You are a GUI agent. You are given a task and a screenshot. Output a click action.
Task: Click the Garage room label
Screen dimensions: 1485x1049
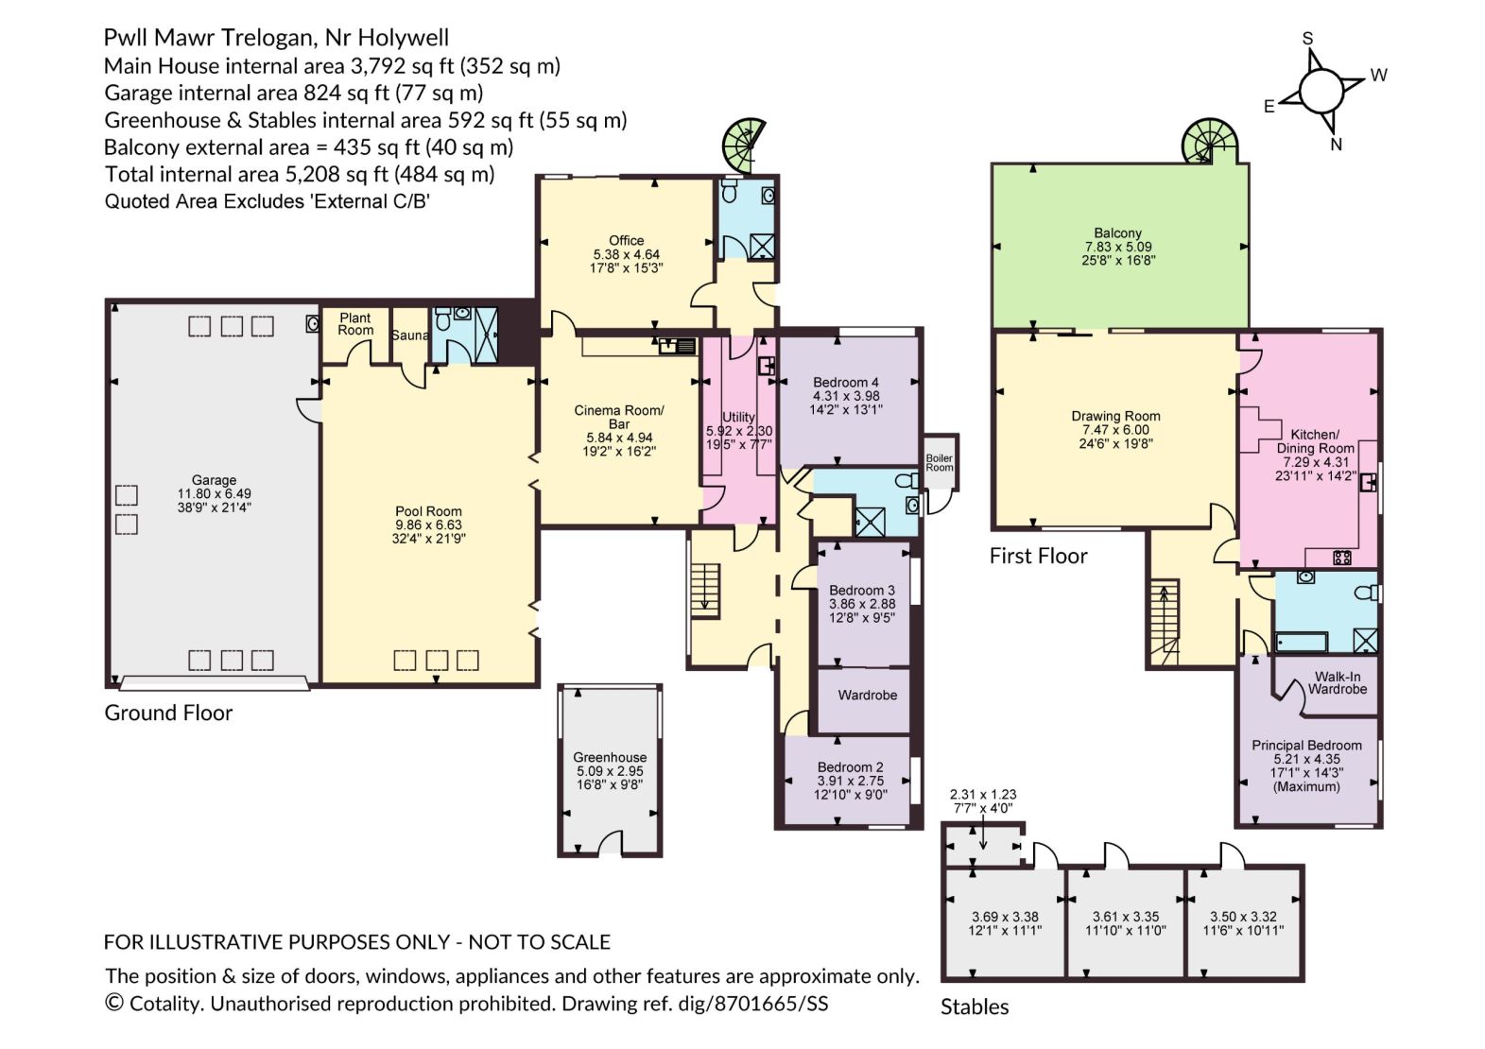(214, 480)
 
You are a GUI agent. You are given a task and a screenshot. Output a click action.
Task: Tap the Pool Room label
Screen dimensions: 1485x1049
(428, 511)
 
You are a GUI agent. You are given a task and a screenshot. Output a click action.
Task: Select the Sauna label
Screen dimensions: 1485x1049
(409, 335)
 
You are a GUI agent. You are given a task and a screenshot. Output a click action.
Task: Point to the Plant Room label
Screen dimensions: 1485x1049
(355, 324)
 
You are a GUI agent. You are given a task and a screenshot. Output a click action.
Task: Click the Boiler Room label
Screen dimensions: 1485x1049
(940, 462)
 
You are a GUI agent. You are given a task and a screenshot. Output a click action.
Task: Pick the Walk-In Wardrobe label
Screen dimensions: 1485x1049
(1338, 682)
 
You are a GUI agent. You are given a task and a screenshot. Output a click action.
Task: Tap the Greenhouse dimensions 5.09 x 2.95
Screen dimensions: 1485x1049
(610, 770)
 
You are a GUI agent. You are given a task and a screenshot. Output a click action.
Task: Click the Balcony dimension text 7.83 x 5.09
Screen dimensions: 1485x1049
(1118, 247)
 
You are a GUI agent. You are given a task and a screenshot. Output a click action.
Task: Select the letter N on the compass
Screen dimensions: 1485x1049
(1337, 145)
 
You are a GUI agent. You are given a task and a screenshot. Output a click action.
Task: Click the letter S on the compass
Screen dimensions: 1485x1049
(1307, 39)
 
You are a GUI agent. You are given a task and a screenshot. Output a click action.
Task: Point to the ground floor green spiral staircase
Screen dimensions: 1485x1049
(745, 146)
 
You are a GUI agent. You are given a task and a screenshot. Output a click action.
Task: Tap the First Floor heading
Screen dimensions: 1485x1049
(1038, 556)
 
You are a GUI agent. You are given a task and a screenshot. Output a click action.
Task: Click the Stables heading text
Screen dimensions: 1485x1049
(975, 1006)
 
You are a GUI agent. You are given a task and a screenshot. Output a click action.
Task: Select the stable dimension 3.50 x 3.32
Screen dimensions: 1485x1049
(1243, 917)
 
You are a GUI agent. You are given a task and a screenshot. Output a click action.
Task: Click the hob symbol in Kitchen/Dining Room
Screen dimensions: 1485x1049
(1342, 558)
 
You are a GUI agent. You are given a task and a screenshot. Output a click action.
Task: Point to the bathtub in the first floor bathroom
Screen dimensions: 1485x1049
(1302, 642)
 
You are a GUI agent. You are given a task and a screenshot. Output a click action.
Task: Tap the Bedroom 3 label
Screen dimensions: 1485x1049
(862, 590)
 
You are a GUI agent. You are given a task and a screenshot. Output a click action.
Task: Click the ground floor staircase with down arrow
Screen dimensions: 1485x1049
(705, 592)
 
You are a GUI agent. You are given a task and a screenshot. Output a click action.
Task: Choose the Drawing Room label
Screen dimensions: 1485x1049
(1115, 416)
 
